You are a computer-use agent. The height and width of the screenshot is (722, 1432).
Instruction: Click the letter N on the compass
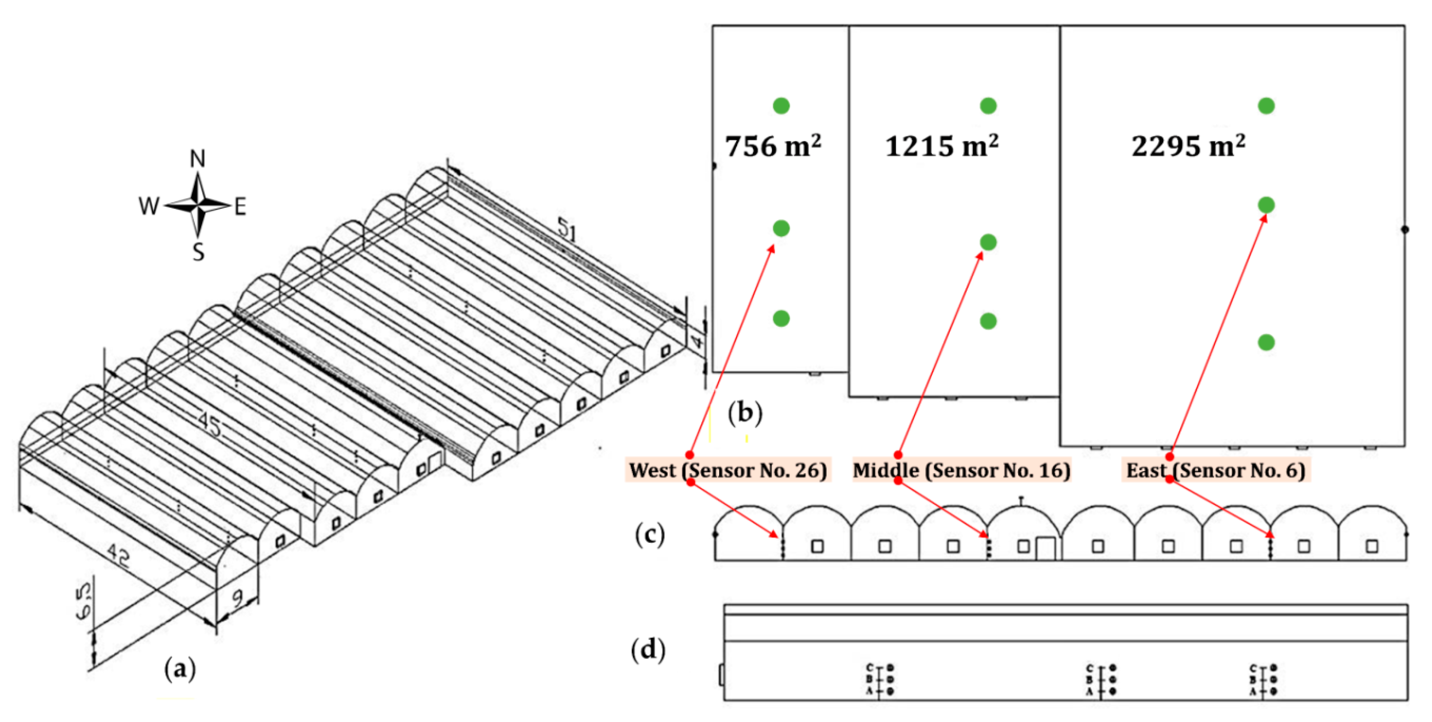coord(197,159)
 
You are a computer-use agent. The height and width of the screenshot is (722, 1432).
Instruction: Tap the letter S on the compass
coord(198,252)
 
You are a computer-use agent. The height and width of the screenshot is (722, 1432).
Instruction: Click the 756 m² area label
coord(773,147)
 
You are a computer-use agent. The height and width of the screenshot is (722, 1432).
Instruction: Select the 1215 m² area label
coord(942,147)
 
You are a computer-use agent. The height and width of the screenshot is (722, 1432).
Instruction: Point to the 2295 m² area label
coord(1188,147)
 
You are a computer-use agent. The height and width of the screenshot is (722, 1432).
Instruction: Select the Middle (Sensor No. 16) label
coord(961,471)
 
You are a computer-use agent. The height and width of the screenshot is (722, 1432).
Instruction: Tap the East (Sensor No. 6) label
coord(1215,471)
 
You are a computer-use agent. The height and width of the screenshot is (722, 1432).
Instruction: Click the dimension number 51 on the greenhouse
coord(567,229)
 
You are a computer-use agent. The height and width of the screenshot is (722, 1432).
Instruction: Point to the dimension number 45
coord(210,425)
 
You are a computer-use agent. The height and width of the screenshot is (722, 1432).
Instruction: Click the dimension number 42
coord(119,556)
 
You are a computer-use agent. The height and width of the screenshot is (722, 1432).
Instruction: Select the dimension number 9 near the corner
coord(237,598)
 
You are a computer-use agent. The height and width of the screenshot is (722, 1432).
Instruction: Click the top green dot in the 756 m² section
coord(781,106)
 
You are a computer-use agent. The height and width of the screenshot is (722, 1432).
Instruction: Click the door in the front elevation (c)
coord(1045,549)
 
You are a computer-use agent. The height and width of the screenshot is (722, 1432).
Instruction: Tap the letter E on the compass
coord(240,207)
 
